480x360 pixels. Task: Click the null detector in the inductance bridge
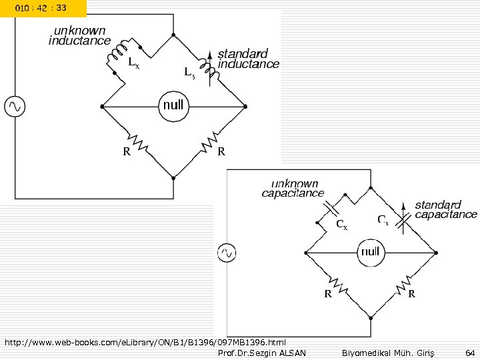coord(173,106)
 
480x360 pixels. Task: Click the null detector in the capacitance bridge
coord(369,252)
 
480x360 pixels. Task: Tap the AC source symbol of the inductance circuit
coord(14,106)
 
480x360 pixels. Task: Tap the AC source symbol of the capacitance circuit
coord(226,253)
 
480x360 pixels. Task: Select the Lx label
coord(134,64)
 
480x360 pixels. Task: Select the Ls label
coord(189,73)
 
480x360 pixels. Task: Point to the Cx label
coord(341,225)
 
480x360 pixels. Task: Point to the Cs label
coord(383,219)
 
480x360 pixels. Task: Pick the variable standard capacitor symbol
coord(403,217)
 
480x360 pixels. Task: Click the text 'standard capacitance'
coord(446,209)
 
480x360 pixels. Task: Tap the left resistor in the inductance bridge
coord(137,141)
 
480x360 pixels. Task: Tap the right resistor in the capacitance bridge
coord(403,287)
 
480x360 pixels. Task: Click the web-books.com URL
coord(145,343)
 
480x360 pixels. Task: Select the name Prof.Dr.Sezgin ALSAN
coord(262,353)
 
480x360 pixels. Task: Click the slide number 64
coord(470,353)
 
